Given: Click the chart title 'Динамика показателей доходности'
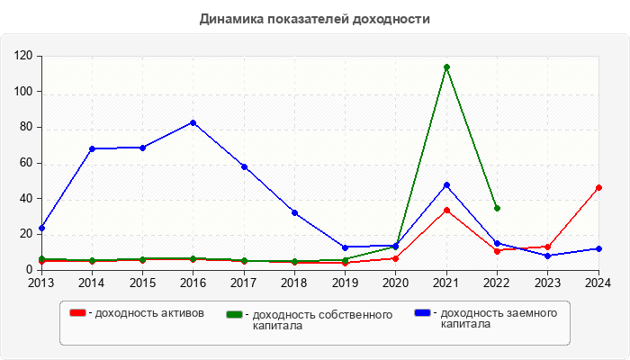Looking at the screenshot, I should pos(315,18).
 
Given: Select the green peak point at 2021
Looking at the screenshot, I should pos(446,67).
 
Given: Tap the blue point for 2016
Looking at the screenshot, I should pos(193,122).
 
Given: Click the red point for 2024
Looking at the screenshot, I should pos(598,187).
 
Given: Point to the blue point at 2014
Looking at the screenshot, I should pos(92,148).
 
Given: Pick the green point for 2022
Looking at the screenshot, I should pos(497,208).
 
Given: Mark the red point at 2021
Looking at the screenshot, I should pos(446,210).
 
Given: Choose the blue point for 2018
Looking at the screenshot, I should pos(294,212).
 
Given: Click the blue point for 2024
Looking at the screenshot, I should pos(598,248).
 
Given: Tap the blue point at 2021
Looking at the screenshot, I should pos(446,184).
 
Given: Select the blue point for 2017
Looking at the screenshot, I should pos(244,166).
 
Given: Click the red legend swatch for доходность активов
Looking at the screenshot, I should pos(77,312).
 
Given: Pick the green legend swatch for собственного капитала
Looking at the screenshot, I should pos(235,314).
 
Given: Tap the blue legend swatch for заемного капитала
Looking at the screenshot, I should pos(422,312).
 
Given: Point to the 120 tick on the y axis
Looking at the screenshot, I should pos(23,56).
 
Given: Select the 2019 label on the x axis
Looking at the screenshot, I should pos(345,283).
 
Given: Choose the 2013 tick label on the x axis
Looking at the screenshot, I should pos(41,283).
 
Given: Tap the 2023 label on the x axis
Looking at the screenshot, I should pos(547,283).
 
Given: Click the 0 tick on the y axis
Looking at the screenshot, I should pos(30,269).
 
